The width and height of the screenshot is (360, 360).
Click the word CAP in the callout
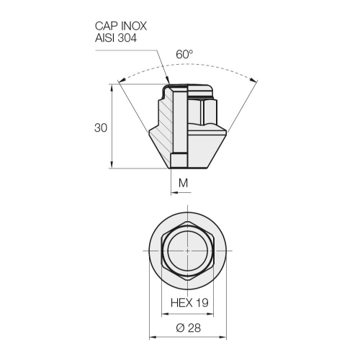[x=106, y=26]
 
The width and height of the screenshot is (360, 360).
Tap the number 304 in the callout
[x=127, y=38]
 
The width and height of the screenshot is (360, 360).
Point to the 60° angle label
[x=184, y=55]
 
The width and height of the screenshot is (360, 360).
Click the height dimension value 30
[x=101, y=128]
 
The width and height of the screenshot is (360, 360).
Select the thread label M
[x=183, y=184]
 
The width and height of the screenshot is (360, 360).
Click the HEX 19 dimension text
[x=189, y=302]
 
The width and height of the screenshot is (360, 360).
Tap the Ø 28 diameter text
[x=189, y=328]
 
